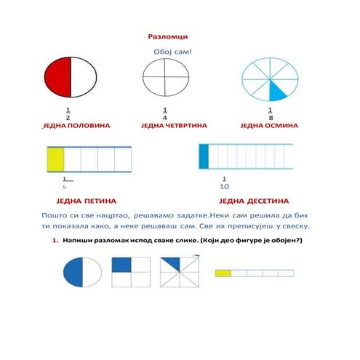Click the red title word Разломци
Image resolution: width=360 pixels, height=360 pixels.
point(168,36)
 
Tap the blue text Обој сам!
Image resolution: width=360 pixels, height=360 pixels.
point(172,52)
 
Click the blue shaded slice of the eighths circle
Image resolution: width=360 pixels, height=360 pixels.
point(276,91)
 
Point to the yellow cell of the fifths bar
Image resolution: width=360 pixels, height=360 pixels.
point(56,159)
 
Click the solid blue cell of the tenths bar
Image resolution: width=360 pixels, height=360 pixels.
point(204,156)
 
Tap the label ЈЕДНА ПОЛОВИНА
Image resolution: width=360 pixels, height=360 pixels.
point(76,126)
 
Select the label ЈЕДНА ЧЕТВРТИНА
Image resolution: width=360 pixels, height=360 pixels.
point(174,126)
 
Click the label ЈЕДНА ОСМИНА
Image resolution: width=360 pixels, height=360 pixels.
point(269,126)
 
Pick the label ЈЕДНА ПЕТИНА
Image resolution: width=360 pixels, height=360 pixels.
point(87,201)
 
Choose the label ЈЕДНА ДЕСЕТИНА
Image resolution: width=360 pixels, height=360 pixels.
point(254,201)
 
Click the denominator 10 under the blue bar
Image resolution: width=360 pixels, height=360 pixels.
point(224,187)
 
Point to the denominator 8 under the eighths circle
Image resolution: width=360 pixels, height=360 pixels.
point(271,118)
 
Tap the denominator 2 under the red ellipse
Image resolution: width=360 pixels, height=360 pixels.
point(68,118)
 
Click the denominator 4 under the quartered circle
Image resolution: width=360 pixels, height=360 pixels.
point(165,118)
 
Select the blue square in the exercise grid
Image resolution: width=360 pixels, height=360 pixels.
point(121,265)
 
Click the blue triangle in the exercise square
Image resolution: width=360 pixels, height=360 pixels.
point(174,263)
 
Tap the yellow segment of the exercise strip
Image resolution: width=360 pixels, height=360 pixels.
point(223,273)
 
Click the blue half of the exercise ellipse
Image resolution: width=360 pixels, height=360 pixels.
point(73,272)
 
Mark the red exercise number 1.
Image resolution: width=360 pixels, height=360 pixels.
point(55,241)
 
